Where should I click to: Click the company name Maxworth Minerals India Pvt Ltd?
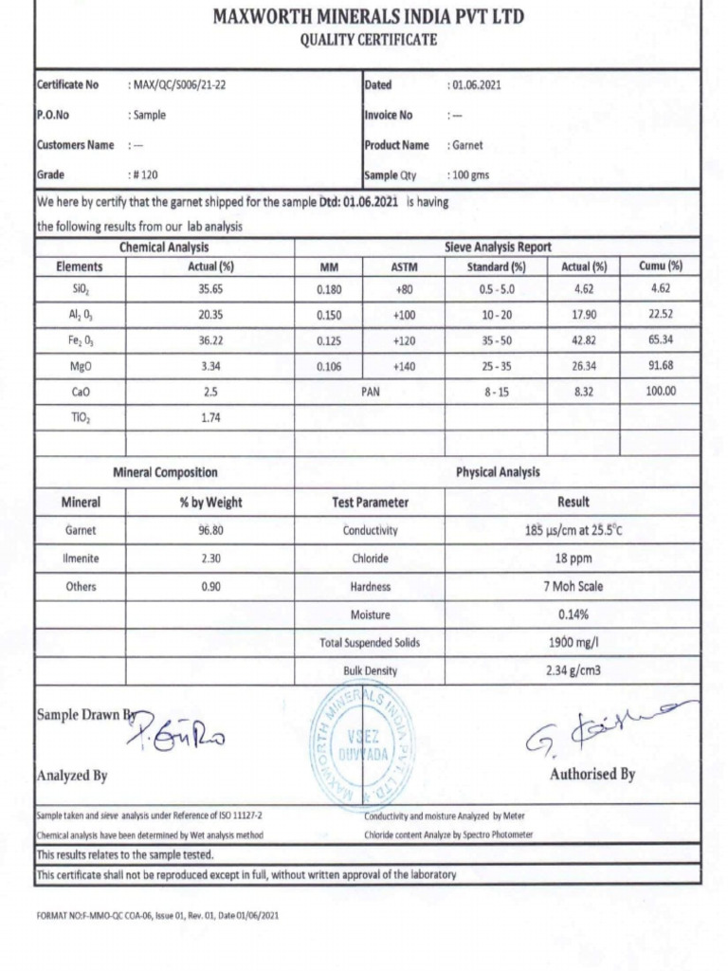[x=368, y=17]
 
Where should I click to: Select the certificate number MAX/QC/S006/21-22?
[x=179, y=85]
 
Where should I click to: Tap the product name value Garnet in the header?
[x=466, y=145]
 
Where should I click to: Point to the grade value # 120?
[x=145, y=175]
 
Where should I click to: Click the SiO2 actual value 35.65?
[x=210, y=288]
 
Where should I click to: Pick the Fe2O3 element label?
[x=80, y=339]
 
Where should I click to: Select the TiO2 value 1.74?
[x=210, y=416]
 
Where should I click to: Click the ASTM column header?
[x=405, y=266]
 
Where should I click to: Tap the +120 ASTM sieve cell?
[x=405, y=339]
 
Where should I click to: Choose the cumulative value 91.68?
[x=661, y=365]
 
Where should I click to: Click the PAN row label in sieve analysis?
[x=370, y=391]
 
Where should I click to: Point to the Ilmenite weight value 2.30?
[x=210, y=559]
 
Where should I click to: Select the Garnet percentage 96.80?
[x=210, y=531]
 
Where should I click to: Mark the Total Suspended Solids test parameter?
[x=370, y=643]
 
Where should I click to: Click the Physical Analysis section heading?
[x=498, y=471]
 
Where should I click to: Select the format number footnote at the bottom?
[x=157, y=915]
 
